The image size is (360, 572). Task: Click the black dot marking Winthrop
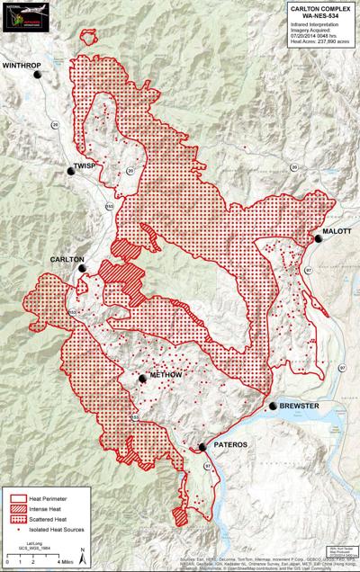(x=38, y=76)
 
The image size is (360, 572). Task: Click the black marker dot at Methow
(x=142, y=380)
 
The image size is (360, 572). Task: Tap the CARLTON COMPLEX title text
(x=320, y=7)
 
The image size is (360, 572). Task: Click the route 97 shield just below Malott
(x=307, y=270)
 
